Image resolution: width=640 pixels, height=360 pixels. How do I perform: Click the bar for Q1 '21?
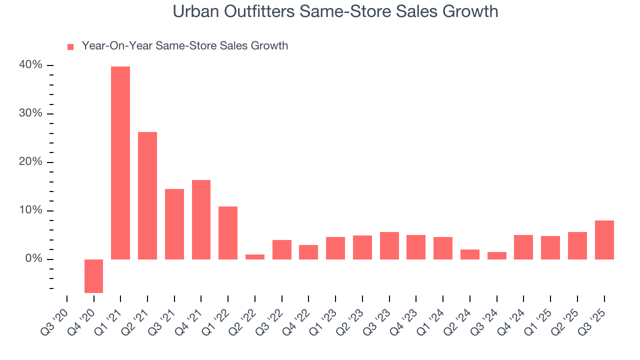(x=120, y=163)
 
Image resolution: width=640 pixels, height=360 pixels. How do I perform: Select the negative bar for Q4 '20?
(x=93, y=276)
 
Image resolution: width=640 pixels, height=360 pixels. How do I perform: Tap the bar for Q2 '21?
(x=147, y=195)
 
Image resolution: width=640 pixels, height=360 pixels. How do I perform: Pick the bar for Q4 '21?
(x=201, y=219)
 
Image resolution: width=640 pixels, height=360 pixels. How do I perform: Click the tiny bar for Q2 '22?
(x=255, y=257)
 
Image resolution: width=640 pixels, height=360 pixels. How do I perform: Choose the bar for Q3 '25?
(x=604, y=240)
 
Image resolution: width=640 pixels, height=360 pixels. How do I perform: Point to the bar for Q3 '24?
(x=496, y=255)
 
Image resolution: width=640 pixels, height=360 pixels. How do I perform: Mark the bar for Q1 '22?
(x=228, y=233)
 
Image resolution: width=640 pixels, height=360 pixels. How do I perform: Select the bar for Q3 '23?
(x=389, y=245)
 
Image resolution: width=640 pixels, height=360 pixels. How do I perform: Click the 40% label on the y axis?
(x=30, y=65)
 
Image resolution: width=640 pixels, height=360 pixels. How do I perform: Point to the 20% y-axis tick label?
(x=30, y=162)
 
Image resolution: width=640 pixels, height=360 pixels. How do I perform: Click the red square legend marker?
(x=70, y=46)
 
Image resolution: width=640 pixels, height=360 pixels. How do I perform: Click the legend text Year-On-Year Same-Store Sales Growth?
(x=184, y=46)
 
